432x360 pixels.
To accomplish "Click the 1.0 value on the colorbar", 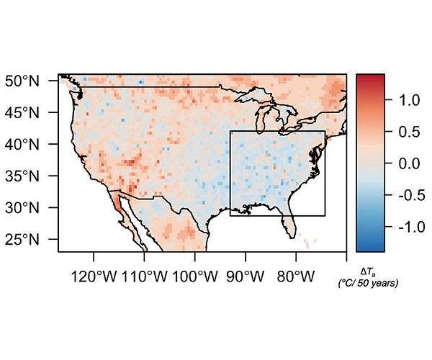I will point(405,102).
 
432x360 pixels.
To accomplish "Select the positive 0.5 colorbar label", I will point(405,132).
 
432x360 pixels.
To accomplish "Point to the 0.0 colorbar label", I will point(405,163).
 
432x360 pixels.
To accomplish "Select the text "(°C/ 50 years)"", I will point(368,283).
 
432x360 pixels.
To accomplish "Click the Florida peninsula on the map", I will point(290,222).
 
